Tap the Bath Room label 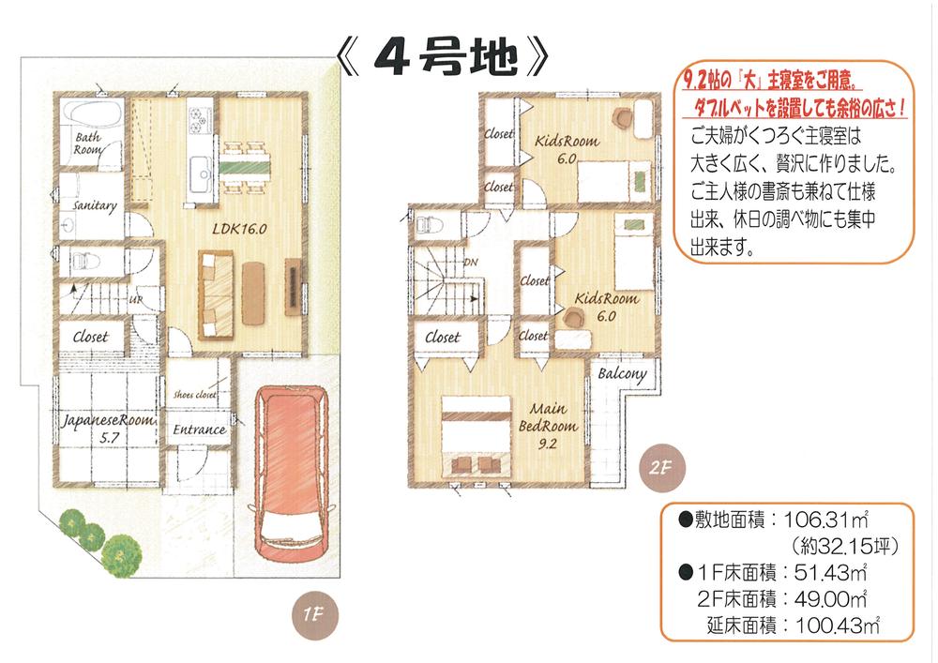[88, 143]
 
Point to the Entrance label [200, 429]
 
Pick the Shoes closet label [195, 395]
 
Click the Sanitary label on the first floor [94, 205]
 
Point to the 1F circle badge [313, 616]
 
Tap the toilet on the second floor [428, 225]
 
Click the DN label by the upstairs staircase [472, 264]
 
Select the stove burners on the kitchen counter [199, 118]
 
